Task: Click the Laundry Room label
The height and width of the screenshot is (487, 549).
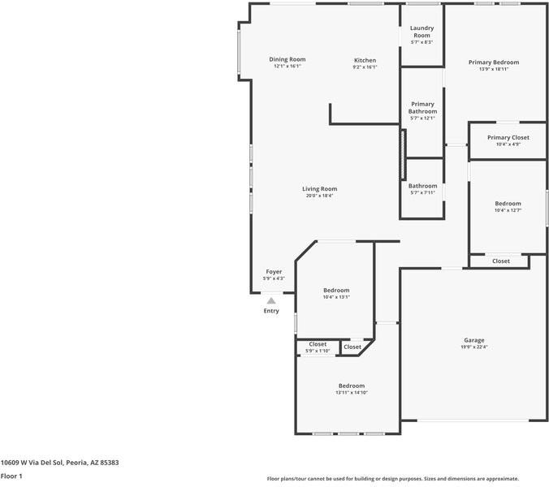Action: pos(422,32)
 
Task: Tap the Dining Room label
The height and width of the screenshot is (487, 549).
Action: pos(287,59)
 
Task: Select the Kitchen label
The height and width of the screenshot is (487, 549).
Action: pos(365,61)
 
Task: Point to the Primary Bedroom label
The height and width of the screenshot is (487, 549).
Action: pos(494,62)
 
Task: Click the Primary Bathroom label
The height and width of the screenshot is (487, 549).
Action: pos(422,108)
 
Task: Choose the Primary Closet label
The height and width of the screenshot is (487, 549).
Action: pos(508,137)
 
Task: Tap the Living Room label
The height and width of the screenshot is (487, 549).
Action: pos(320,189)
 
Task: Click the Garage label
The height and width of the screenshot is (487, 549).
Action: pos(474,340)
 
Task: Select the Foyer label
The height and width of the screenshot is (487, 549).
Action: pos(274,272)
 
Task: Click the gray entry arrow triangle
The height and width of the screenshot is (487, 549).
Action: pos(271,301)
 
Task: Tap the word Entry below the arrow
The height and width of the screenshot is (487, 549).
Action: pos(271,311)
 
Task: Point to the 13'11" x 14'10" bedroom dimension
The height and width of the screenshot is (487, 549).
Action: pos(352,393)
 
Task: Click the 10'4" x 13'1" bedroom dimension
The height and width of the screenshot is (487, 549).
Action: pos(336,297)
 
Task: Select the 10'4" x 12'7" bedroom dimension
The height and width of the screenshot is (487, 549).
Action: pos(508,210)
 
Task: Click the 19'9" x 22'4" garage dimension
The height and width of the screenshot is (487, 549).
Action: pos(474,347)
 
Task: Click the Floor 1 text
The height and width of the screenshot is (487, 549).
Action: pos(11,476)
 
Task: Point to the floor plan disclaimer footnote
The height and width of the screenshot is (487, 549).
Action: pos(393,479)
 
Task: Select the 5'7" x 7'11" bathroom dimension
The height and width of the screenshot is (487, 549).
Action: pos(422,192)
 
